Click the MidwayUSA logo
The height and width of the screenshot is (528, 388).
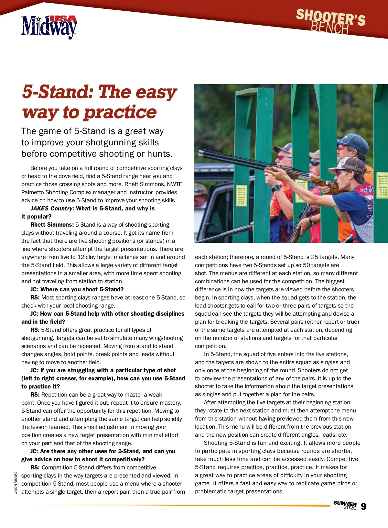pyautogui.click(x=49, y=27)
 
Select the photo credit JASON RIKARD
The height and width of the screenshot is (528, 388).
pyautogui.click(x=16, y=482)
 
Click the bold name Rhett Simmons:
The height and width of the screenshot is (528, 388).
pyautogui.click(x=52, y=225)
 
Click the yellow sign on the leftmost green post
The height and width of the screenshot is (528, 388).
pyautogui.click(x=242, y=196)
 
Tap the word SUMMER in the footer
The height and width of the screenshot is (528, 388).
pyautogui.click(x=345, y=503)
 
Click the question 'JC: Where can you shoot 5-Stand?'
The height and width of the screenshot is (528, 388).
pyautogui.click(x=77, y=289)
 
